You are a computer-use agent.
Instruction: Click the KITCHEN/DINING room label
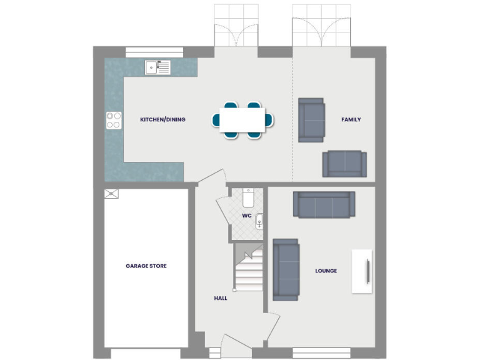coord(162,119)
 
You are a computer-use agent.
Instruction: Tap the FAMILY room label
coord(351,119)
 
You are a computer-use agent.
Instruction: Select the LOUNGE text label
coord(326,271)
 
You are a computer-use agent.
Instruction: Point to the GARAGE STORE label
coord(146,266)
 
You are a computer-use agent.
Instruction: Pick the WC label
coord(246,216)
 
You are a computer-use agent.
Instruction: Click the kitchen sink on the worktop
coord(157,67)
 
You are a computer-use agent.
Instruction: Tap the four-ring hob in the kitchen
coord(114,119)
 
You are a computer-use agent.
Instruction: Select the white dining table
coord(242,119)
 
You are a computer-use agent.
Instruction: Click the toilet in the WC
coord(248,198)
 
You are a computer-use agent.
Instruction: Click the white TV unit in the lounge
coord(362,271)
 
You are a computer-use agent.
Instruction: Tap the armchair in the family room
coord(311,119)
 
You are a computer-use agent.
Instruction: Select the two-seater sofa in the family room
coord(344,164)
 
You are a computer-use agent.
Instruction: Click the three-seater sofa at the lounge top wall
coord(324,204)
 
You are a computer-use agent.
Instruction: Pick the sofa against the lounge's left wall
coord(286,268)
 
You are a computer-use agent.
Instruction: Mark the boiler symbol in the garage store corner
coord(111,193)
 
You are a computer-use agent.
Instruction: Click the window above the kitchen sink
coord(148,52)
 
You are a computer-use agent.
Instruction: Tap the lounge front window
coord(321,352)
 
